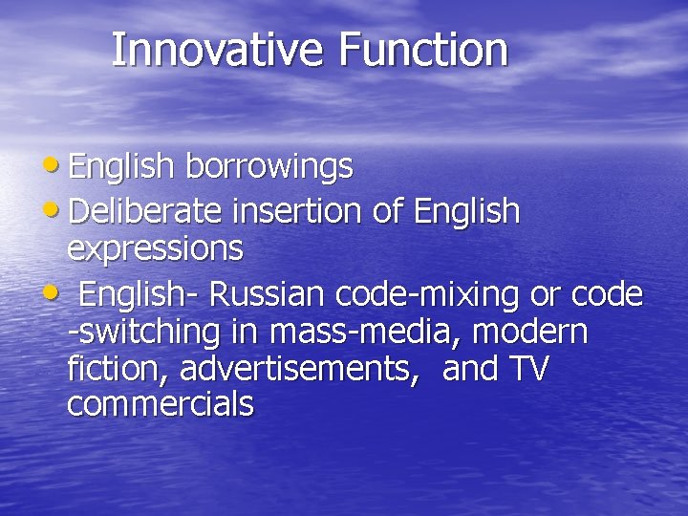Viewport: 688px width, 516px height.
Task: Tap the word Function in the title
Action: click(422, 50)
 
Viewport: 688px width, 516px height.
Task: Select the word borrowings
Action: click(269, 167)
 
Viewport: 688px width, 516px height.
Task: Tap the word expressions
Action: click(155, 248)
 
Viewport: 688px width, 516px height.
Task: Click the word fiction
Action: click(118, 368)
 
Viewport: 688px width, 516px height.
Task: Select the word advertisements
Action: click(299, 369)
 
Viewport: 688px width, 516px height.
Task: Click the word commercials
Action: click(161, 404)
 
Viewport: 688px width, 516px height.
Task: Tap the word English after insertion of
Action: click(466, 210)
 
